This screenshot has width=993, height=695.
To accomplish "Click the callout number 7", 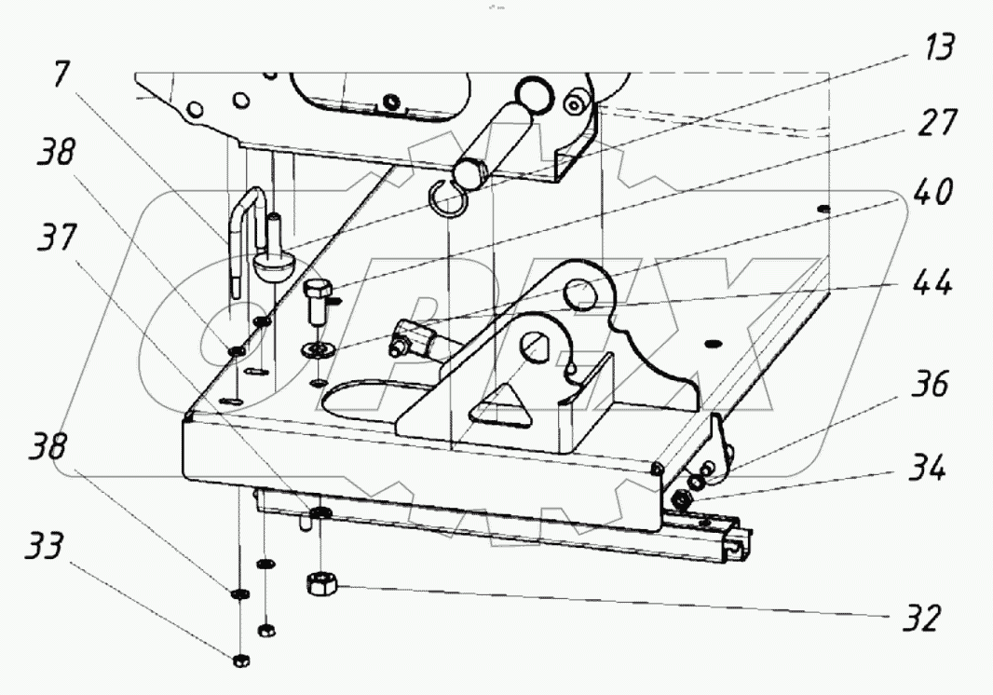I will [x=61, y=75].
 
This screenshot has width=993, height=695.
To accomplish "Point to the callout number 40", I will [x=932, y=194].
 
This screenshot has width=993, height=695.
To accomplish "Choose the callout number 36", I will [x=928, y=384].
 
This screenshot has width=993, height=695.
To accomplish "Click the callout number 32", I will [x=918, y=617].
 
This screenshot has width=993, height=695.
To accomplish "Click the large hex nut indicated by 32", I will [x=320, y=584].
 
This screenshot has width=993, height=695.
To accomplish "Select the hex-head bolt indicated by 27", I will [x=317, y=299].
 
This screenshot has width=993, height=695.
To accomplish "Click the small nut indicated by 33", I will [x=239, y=661].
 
